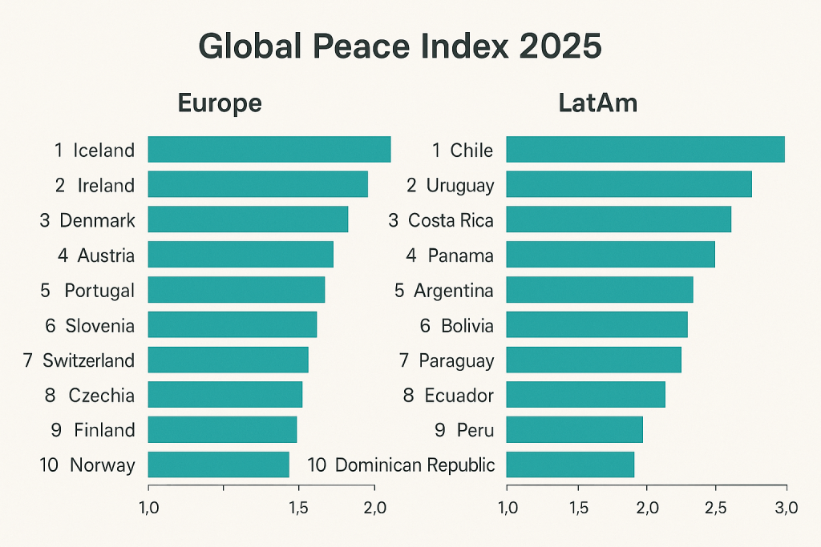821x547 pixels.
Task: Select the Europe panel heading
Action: click(x=220, y=103)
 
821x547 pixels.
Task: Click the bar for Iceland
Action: click(x=269, y=150)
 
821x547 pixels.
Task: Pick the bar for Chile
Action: click(x=645, y=150)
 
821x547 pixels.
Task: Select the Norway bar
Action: click(x=218, y=465)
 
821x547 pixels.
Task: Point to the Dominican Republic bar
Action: click(x=570, y=465)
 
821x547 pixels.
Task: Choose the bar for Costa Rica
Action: click(x=618, y=219)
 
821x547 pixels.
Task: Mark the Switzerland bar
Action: click(x=228, y=360)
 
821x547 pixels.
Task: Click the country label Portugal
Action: click(x=99, y=290)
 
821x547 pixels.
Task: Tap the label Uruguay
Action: click(x=459, y=186)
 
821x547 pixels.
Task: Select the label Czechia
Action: click(x=101, y=395)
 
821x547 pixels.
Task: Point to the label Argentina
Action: click(x=453, y=290)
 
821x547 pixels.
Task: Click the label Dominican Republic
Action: click(x=414, y=465)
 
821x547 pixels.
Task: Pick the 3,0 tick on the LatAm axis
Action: click(x=787, y=507)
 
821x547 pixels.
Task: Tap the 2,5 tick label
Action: click(x=715, y=507)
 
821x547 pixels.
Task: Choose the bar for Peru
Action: click(x=574, y=429)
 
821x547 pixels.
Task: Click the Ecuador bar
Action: click(x=585, y=395)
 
